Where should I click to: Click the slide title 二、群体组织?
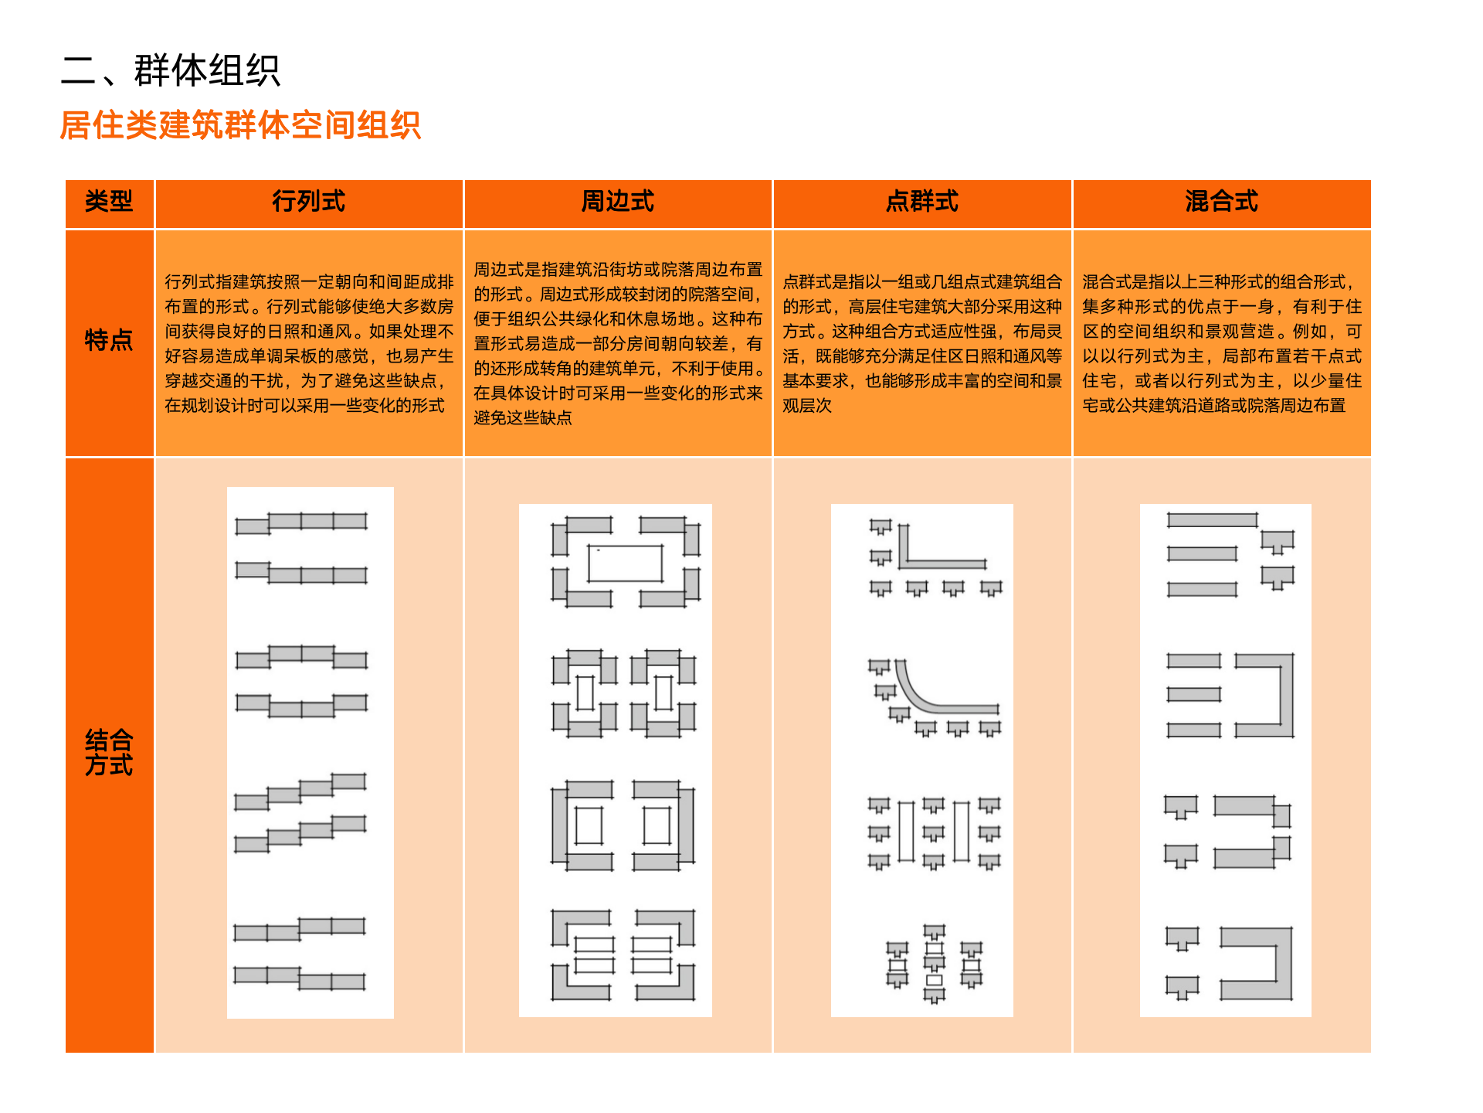pyautogui.click(x=170, y=70)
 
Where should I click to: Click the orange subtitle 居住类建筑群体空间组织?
pyautogui.click(x=240, y=125)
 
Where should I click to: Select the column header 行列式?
pyautogui.click(x=308, y=202)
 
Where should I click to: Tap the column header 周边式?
pyautogui.click(x=617, y=202)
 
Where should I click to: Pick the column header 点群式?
pyautogui.click(x=921, y=202)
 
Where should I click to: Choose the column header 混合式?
pyautogui.click(x=1221, y=202)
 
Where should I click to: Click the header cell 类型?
pyautogui.click(x=109, y=202)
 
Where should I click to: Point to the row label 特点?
pyautogui.click(x=109, y=340)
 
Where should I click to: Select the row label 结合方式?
pyautogui.click(x=109, y=753)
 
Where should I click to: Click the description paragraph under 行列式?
pyautogui.click(x=308, y=343)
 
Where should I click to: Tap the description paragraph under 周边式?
pyautogui.click(x=617, y=343)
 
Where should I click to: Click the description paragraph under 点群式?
pyautogui.click(x=921, y=343)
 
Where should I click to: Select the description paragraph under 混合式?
pyautogui.click(x=1221, y=343)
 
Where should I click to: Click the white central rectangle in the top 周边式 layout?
pyautogui.click(x=625, y=563)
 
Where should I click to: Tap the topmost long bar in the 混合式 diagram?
pyautogui.click(x=1212, y=520)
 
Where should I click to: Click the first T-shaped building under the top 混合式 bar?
pyautogui.click(x=1277, y=541)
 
